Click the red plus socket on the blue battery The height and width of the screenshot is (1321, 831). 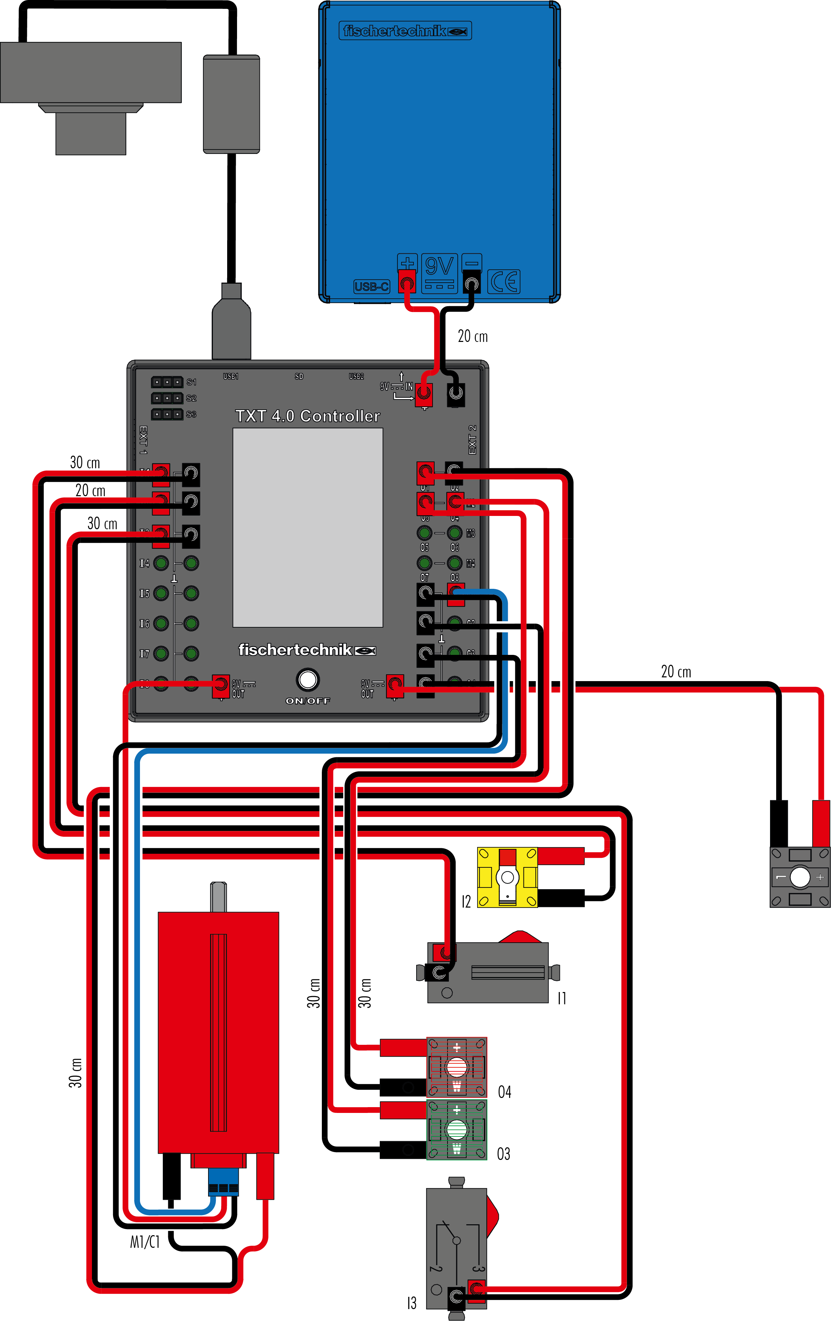point(406,283)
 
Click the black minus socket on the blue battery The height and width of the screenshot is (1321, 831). point(471,283)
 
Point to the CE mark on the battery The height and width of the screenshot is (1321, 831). point(503,281)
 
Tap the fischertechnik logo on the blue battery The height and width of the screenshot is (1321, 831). point(405,31)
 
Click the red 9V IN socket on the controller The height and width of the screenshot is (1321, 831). point(423,393)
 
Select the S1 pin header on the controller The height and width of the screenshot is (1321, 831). point(167,382)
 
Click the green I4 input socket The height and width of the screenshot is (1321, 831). point(161,563)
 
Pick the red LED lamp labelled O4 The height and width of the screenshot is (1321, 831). point(456,1067)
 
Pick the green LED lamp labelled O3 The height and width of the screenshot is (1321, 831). point(456,1129)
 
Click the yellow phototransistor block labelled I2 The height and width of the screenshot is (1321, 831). point(507,877)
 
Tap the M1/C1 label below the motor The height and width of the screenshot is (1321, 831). point(145,1241)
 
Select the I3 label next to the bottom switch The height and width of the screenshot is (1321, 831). point(411,1303)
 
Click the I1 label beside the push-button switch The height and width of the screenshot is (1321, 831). point(561,998)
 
